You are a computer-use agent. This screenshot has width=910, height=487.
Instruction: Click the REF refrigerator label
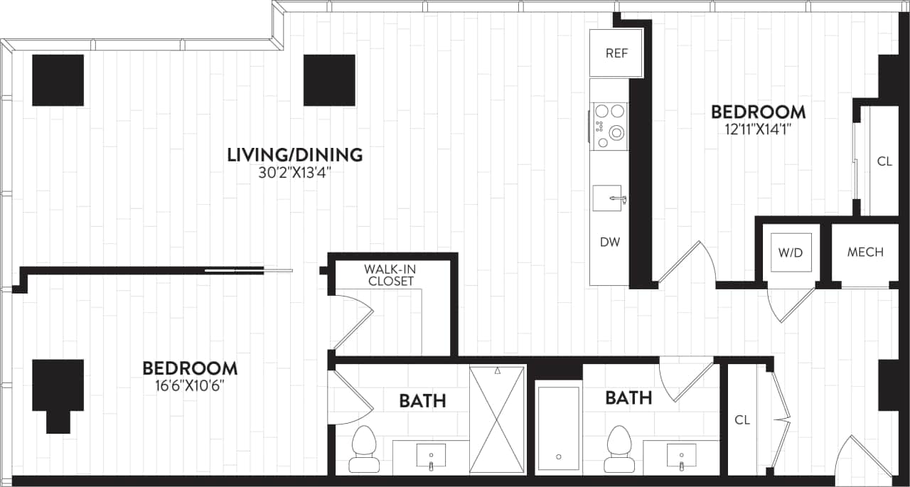(x=616, y=53)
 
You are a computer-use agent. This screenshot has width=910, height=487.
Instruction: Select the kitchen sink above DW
(x=609, y=198)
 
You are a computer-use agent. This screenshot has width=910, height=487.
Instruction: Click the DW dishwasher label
(x=609, y=242)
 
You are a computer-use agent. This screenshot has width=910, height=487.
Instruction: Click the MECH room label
(x=865, y=252)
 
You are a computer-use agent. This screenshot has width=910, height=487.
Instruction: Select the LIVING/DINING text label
(x=294, y=154)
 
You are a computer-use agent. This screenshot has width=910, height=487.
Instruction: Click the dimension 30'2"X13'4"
(x=294, y=172)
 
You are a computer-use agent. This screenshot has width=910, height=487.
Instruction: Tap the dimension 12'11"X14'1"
(x=759, y=129)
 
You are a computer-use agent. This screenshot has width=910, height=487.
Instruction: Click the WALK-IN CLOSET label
(x=389, y=275)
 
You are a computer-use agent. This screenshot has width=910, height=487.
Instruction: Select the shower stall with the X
(x=498, y=419)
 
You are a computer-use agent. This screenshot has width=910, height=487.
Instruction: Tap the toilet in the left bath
(x=364, y=449)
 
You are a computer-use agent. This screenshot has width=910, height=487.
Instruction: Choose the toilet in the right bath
(x=619, y=449)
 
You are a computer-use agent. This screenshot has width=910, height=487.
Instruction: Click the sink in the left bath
(x=431, y=455)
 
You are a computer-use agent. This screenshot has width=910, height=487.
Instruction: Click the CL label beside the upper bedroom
(x=884, y=161)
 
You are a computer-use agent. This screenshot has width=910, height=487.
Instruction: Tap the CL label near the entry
(x=742, y=419)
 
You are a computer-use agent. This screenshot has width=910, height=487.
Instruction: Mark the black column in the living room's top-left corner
(x=58, y=80)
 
